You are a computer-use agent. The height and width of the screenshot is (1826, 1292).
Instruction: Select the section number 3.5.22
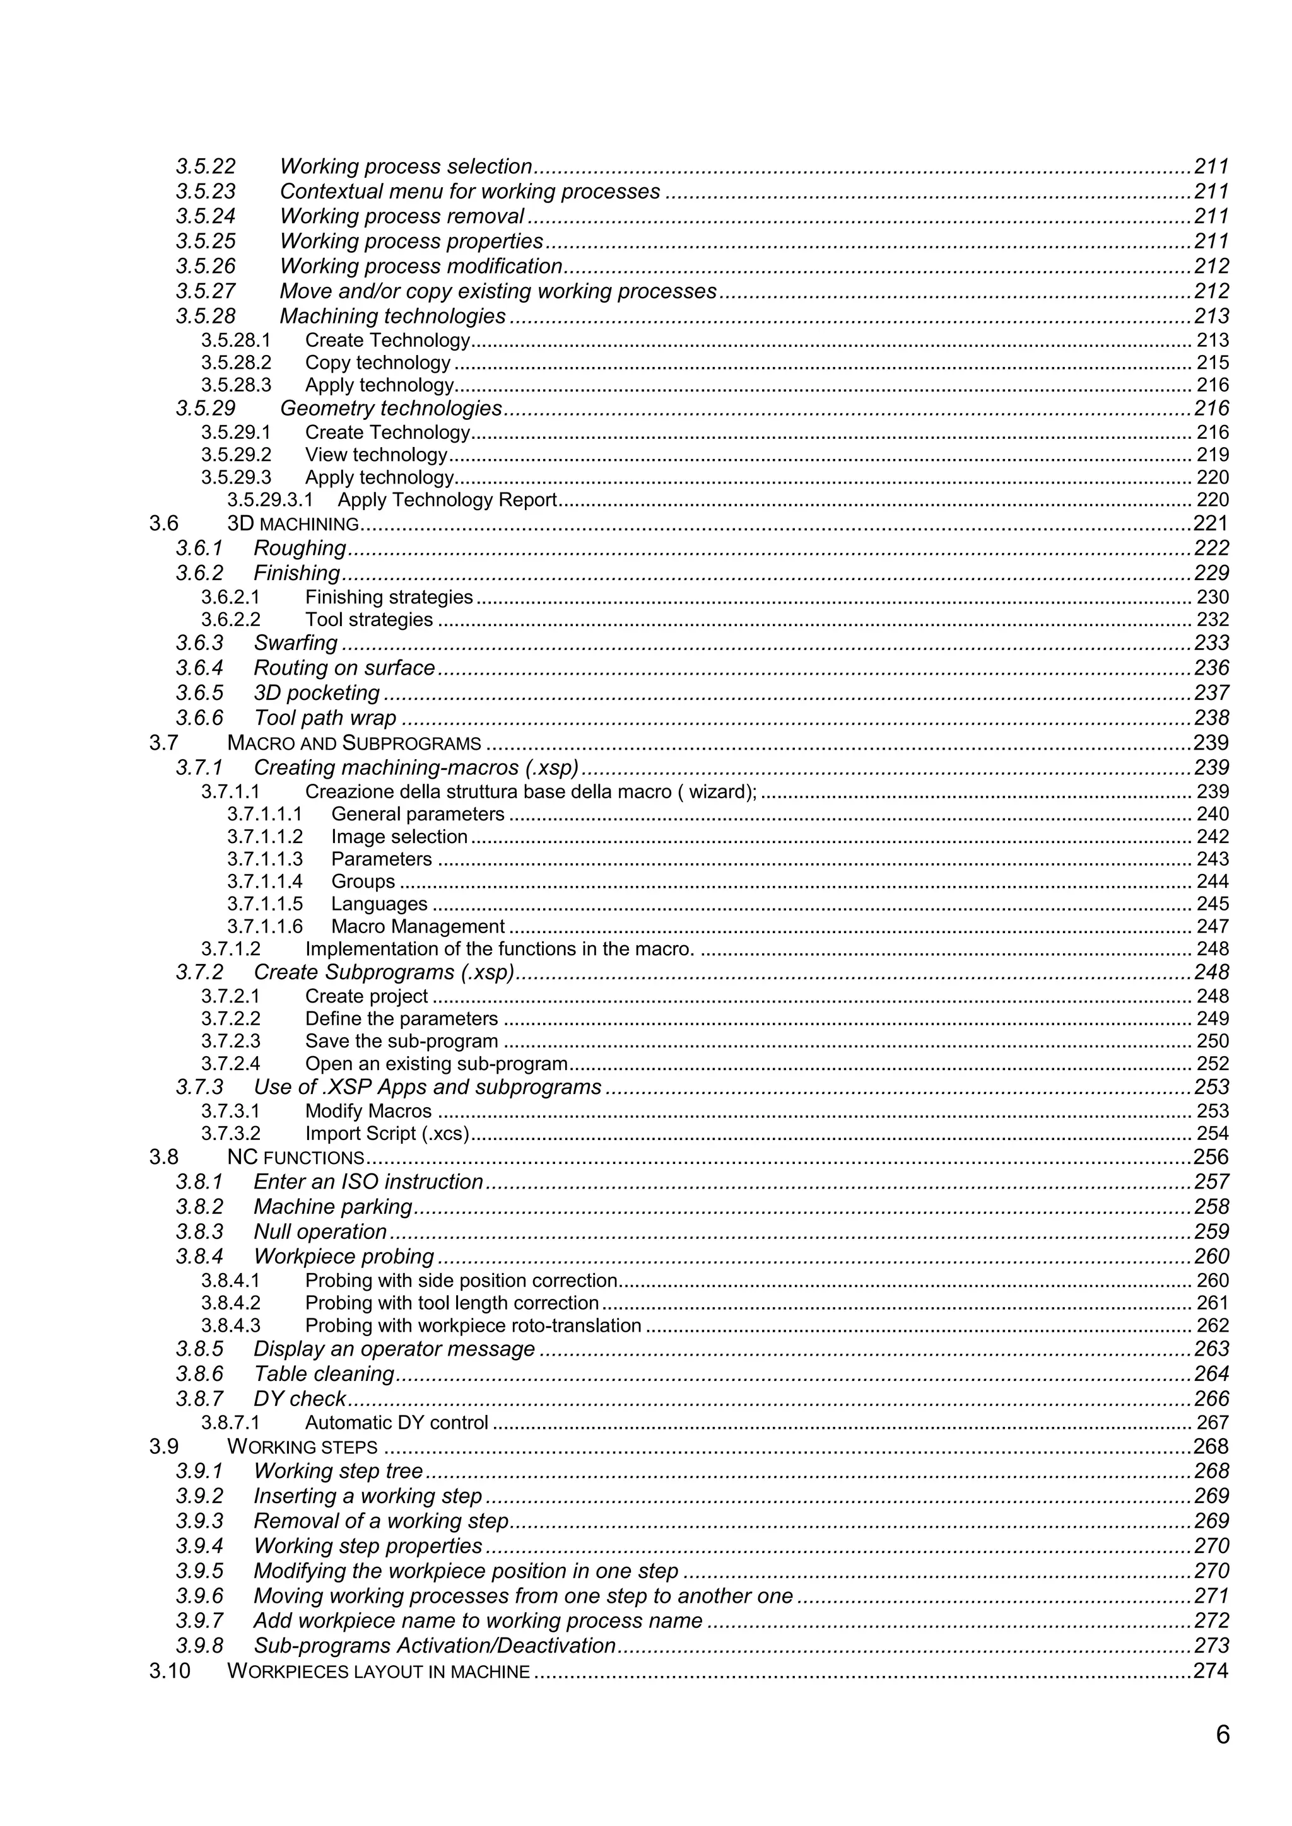pos(206,166)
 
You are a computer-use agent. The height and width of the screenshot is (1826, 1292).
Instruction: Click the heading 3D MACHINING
pos(293,523)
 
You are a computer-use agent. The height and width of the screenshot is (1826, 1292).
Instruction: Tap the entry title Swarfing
pos(295,643)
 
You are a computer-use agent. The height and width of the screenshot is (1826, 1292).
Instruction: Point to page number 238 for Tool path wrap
pos(1211,718)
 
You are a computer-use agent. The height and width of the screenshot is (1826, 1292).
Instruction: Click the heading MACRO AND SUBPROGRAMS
pos(354,743)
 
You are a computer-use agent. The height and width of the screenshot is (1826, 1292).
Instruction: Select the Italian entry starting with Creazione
pos(531,792)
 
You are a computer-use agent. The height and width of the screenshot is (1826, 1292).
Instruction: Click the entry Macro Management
pos(418,926)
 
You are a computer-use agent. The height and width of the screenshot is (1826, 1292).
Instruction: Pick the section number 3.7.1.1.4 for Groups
pos(264,881)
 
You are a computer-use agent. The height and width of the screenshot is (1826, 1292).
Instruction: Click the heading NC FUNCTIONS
pos(295,1157)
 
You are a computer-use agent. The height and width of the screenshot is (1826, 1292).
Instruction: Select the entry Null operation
pos(320,1232)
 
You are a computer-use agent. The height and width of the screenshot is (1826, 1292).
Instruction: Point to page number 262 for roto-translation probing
pos(1213,1326)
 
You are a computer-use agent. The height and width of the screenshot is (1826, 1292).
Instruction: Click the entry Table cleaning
pos(324,1375)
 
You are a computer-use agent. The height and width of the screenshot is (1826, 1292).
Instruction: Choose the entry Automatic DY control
pos(396,1423)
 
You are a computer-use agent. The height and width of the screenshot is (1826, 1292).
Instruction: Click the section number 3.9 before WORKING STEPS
pos(164,1446)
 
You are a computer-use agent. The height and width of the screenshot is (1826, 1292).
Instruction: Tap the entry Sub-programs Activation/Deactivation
pos(435,1646)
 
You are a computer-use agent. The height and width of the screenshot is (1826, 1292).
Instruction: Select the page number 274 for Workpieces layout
pos(1211,1671)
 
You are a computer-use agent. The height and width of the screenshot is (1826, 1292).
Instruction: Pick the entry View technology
pos(376,455)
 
